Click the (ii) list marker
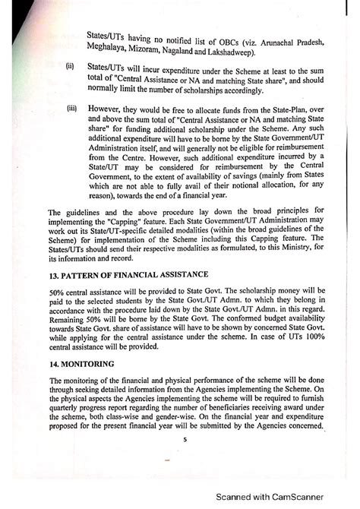(70, 66)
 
